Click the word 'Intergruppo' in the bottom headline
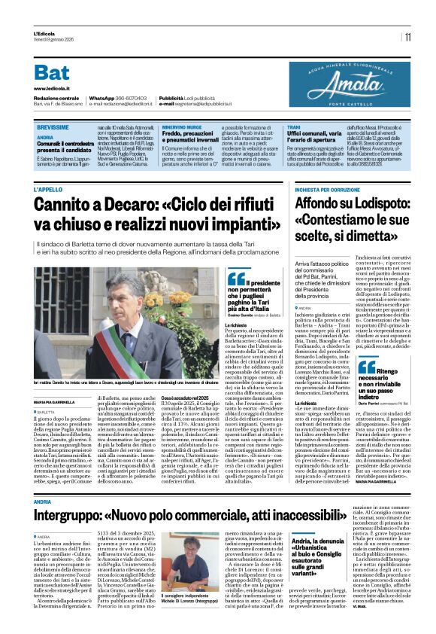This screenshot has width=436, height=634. coord(76,514)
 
